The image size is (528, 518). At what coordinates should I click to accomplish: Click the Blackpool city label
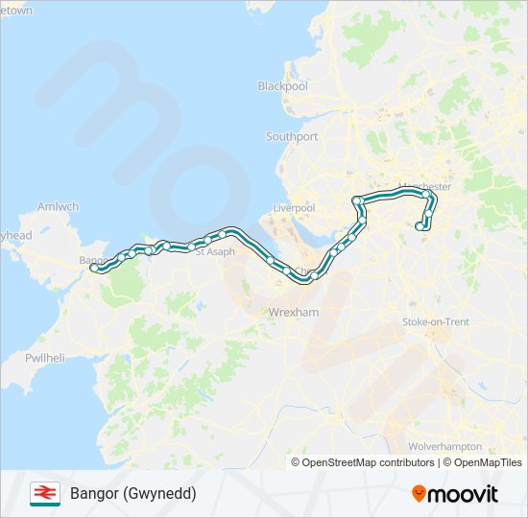(282, 86)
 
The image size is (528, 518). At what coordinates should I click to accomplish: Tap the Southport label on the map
(292, 137)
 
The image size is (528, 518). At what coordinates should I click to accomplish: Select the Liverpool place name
(294, 208)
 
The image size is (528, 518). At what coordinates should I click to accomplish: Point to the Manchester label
(423, 186)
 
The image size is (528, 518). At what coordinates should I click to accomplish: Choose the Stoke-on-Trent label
(436, 322)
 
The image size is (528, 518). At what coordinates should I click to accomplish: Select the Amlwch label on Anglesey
(58, 206)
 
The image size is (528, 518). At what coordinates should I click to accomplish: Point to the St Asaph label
(214, 251)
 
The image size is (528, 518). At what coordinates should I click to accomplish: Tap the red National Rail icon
(44, 493)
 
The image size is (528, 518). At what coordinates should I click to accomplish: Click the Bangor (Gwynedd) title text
(132, 493)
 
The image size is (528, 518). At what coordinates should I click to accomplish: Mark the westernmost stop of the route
(95, 270)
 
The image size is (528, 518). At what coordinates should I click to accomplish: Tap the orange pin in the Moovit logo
(420, 493)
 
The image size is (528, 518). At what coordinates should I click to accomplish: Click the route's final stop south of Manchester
(419, 226)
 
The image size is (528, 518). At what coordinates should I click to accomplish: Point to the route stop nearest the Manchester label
(426, 195)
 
